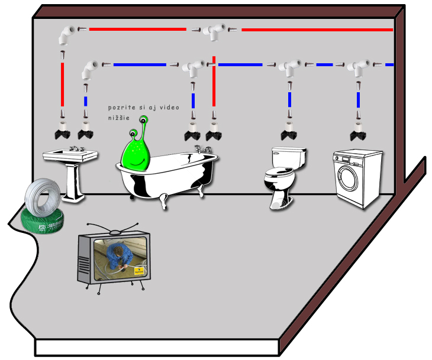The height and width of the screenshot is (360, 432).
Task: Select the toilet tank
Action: (x=289, y=157)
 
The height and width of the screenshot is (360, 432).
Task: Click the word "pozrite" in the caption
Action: (x=122, y=108)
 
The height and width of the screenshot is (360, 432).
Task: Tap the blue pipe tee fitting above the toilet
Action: (x=289, y=67)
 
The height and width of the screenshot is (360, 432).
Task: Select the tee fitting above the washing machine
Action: (x=357, y=67)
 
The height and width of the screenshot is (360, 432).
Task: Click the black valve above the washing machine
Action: (x=358, y=134)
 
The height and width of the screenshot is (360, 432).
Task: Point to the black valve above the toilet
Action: (x=289, y=134)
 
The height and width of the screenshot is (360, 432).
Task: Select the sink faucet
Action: (x=74, y=148)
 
